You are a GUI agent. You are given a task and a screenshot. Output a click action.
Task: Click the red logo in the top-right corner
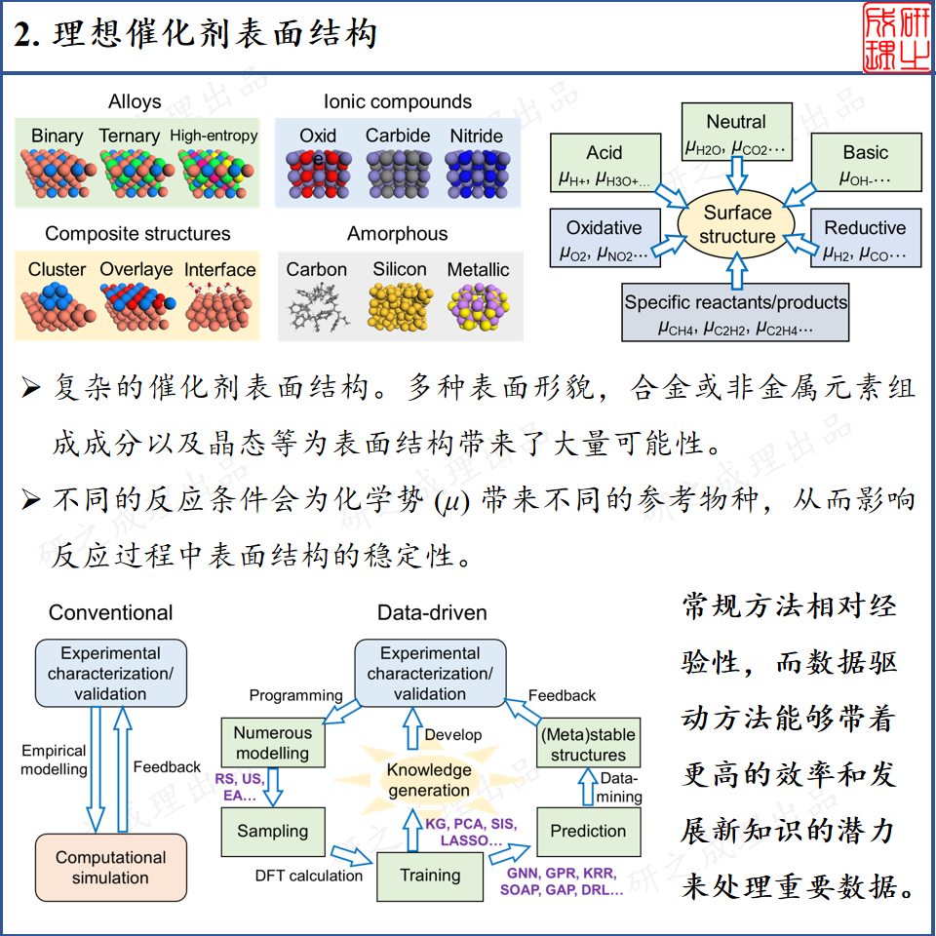tap(894, 38)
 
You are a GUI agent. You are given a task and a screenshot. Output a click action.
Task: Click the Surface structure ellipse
tap(737, 225)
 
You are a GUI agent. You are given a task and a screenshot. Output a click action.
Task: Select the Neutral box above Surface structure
tap(736, 134)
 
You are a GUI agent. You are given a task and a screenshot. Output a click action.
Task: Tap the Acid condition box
tap(604, 164)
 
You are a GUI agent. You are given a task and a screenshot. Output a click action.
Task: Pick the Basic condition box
tap(865, 164)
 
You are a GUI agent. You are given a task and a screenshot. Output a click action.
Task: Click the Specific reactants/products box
tap(736, 312)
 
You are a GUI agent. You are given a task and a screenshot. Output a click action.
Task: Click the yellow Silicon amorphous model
tap(399, 306)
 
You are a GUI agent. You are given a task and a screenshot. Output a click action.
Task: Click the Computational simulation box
tap(110, 867)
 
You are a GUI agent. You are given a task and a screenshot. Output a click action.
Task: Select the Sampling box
tap(272, 832)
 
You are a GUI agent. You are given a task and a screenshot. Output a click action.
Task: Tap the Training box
tap(430, 875)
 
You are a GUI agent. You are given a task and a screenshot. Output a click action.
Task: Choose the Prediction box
tap(588, 832)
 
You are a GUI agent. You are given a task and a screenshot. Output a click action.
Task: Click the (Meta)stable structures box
tap(588, 745)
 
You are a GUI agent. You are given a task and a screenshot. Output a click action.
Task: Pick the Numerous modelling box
tap(272, 743)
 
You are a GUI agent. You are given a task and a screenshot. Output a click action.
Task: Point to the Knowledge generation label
tap(429, 779)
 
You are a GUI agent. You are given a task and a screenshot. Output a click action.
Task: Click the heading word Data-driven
tap(431, 612)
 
